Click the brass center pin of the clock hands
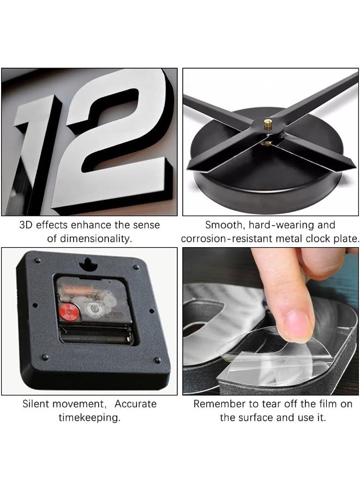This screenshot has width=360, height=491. click(267, 124)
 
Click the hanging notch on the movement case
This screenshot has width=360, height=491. click(88, 264)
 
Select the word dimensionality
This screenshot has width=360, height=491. click(95, 238)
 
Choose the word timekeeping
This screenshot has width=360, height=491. click(89, 418)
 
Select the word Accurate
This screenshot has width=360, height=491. click(135, 404)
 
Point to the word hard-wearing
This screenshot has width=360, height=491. click(280, 225)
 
